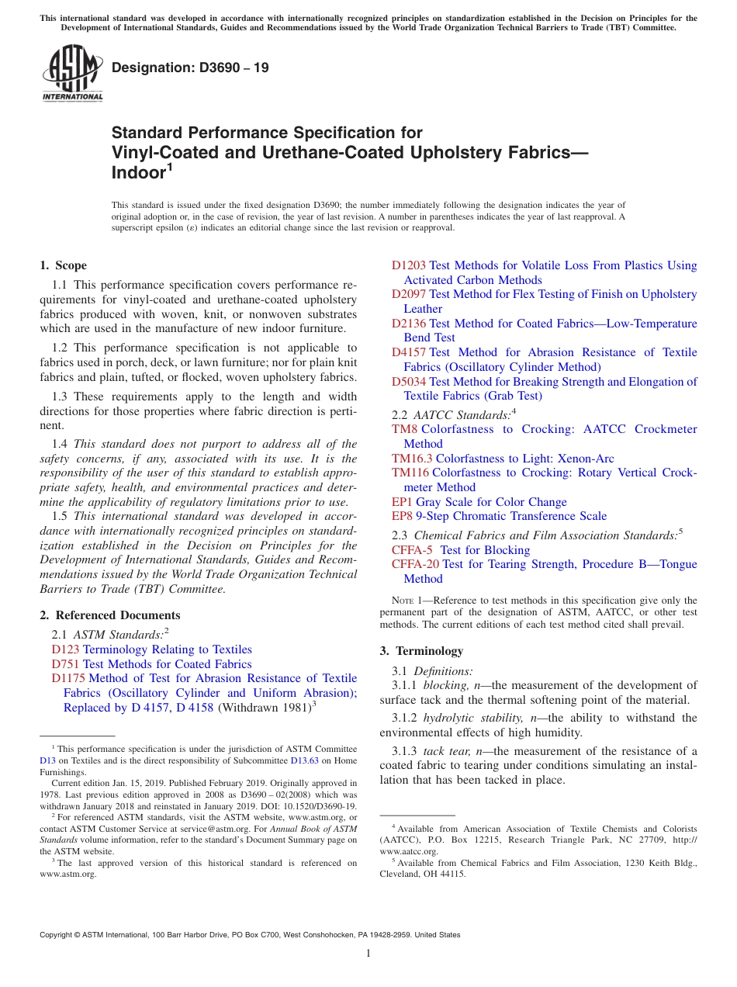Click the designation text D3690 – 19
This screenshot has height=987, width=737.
click(x=190, y=68)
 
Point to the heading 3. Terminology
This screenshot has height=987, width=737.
click(x=421, y=651)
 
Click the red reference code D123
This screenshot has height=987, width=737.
click(x=65, y=649)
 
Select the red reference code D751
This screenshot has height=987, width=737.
click(x=65, y=664)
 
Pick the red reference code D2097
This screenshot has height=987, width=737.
click(x=408, y=294)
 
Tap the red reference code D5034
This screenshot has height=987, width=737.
click(x=408, y=381)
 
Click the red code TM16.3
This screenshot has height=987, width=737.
click(x=412, y=459)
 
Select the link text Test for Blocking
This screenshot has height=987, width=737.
click(x=485, y=550)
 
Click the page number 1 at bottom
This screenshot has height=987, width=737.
click(x=368, y=954)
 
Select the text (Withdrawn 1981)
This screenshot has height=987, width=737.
click(x=264, y=708)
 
